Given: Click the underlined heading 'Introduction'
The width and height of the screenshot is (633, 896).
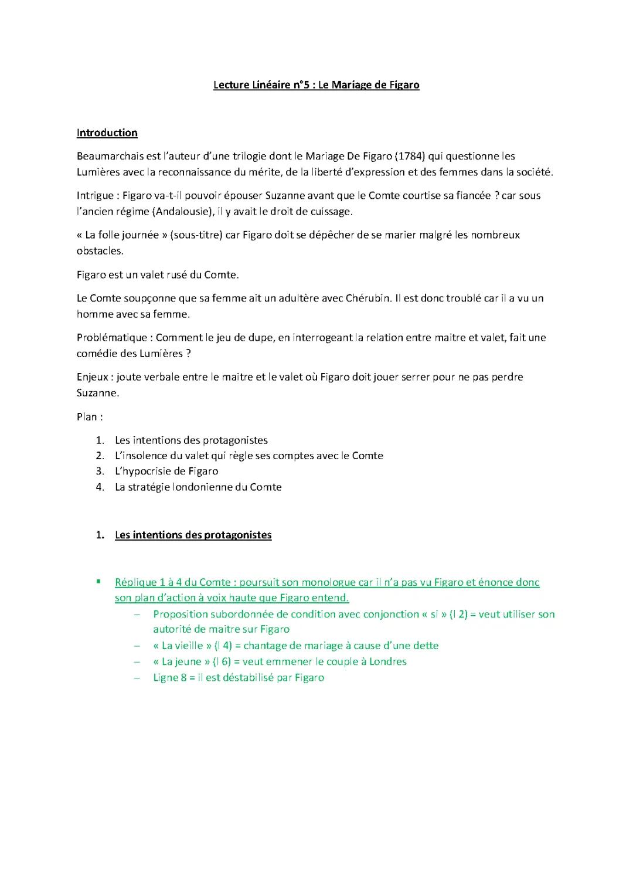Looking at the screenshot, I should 107,133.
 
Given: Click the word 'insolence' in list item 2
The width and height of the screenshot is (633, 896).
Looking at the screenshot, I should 147,456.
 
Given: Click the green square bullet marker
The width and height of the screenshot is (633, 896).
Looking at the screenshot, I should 99,582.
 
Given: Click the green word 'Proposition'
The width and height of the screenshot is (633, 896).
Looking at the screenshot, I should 182,614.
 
